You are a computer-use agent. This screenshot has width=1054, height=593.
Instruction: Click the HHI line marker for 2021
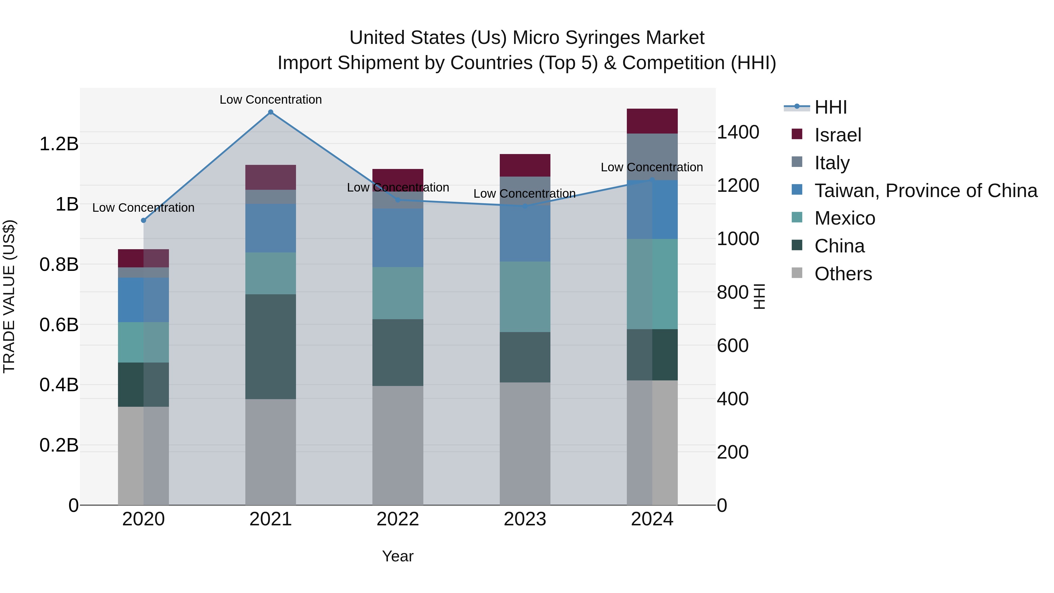pyautogui.click(x=271, y=112)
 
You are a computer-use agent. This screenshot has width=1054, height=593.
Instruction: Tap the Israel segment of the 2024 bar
pyautogui.click(x=652, y=121)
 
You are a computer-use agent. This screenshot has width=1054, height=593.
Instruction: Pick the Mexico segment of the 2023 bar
pyautogui.click(x=525, y=297)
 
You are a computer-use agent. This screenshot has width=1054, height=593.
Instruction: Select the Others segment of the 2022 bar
pyautogui.click(x=398, y=445)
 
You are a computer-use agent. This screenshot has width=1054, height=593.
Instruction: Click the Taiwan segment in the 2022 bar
pyautogui.click(x=398, y=238)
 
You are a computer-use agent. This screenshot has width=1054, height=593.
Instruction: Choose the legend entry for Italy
pyautogui.click(x=832, y=163)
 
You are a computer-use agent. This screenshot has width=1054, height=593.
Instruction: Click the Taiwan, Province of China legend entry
pyautogui.click(x=925, y=191)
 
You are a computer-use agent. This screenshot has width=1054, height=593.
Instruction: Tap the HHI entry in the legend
pyautogui.click(x=831, y=107)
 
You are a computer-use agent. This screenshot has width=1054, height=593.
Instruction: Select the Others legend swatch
pyautogui.click(x=797, y=273)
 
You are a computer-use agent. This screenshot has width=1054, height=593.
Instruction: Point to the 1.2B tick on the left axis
pyautogui.click(x=59, y=144)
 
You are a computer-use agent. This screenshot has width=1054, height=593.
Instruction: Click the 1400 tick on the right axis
pyautogui.click(x=738, y=132)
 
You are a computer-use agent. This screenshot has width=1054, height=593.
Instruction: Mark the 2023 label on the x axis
pyautogui.click(x=525, y=519)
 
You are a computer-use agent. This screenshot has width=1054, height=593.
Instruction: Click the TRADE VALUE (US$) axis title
pyautogui.click(x=9, y=297)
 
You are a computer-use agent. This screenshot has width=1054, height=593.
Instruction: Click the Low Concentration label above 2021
pyautogui.click(x=271, y=100)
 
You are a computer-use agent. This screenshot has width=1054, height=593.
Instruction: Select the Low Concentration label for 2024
pyautogui.click(x=652, y=168)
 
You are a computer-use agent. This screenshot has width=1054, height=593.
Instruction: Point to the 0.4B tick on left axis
pyautogui.click(x=59, y=385)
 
